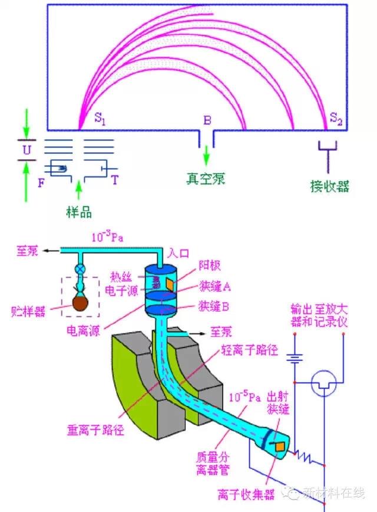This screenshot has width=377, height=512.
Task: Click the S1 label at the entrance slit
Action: pyautogui.click(x=101, y=118)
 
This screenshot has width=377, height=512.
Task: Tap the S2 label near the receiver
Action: pyautogui.click(x=336, y=120)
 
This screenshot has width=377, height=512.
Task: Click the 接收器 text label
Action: pyautogui.click(x=330, y=186)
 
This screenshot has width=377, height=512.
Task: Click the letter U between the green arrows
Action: pyautogui.click(x=26, y=150)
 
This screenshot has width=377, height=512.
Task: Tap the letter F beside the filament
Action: pyautogui.click(x=41, y=183)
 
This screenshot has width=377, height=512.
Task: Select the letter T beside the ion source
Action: pyautogui.click(x=114, y=179)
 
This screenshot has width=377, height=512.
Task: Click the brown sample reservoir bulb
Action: pyautogui.click(x=79, y=304)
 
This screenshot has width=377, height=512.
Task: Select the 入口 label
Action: pyautogui.click(x=178, y=254)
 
